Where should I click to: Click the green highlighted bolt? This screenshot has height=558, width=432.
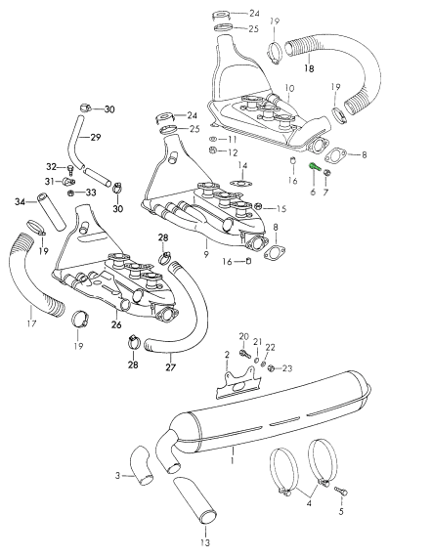314,166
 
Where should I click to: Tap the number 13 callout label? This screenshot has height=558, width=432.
205,542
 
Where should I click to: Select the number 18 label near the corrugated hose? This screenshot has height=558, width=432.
309,68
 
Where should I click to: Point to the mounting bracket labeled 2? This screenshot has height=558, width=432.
238,384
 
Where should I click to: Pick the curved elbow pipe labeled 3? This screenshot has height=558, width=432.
142,465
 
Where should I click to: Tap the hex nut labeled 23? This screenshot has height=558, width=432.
271,368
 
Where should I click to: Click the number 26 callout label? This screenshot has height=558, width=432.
116,324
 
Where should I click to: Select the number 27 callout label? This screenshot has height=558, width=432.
171,366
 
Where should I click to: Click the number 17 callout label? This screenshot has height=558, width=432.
31,323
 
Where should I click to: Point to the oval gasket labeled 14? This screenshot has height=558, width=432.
241,184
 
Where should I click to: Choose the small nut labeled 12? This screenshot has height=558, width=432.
211,150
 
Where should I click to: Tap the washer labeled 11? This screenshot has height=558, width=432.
212,139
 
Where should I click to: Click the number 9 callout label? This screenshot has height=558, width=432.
206,254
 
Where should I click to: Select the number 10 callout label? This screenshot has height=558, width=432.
289,88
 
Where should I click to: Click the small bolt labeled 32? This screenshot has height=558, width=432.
70,170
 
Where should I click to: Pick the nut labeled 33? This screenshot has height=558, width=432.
70,193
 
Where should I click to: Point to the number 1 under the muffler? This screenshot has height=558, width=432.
233,460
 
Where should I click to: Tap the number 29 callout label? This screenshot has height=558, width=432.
96,137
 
